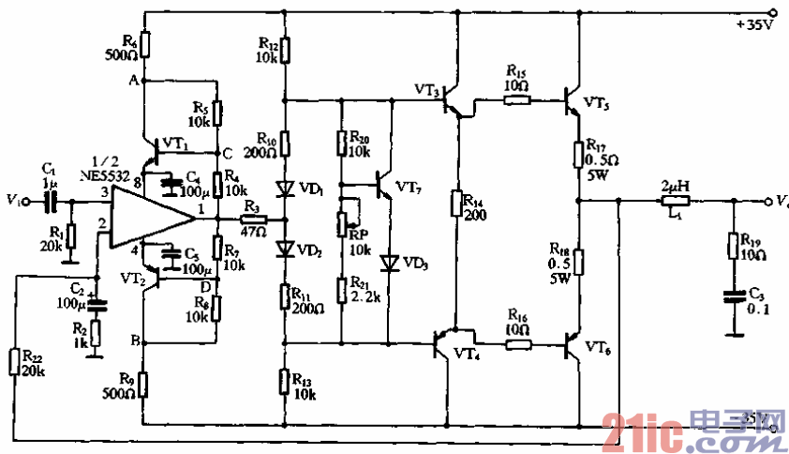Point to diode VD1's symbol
[286, 189]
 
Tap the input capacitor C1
[52, 201]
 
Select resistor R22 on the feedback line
[16, 362]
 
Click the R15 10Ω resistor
[516, 98]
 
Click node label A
[133, 81]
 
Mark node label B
[133, 340]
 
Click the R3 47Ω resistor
[254, 219]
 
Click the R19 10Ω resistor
[733, 246]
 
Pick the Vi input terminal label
[13, 200]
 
